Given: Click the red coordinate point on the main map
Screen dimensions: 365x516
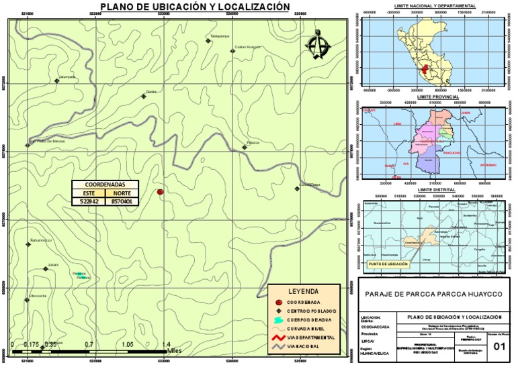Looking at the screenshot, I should tap(160, 192).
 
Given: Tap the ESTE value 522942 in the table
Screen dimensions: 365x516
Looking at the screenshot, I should tap(89, 201).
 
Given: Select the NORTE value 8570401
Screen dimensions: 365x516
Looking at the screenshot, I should tap(122, 201).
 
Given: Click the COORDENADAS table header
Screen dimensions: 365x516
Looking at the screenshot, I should tap(105, 184).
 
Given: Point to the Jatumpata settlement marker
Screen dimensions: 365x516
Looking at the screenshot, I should tap(56, 81).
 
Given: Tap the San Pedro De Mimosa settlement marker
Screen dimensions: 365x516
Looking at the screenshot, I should tap(28, 143).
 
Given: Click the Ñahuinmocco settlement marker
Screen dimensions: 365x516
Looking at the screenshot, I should tap(28, 244).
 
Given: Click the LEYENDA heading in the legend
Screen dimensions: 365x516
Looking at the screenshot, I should tap(303, 291).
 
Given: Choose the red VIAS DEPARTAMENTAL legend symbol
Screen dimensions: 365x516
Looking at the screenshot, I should tap(281, 337).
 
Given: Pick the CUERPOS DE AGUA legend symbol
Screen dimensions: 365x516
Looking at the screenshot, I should tap(281, 320).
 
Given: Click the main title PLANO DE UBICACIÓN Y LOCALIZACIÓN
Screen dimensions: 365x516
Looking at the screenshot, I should tap(195, 7).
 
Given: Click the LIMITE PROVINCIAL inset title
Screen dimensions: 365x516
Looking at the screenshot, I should tap(437, 97).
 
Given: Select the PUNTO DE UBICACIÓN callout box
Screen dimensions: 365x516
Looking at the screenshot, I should tap(388, 264).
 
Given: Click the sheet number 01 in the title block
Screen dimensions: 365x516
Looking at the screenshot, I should tap(499, 346).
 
